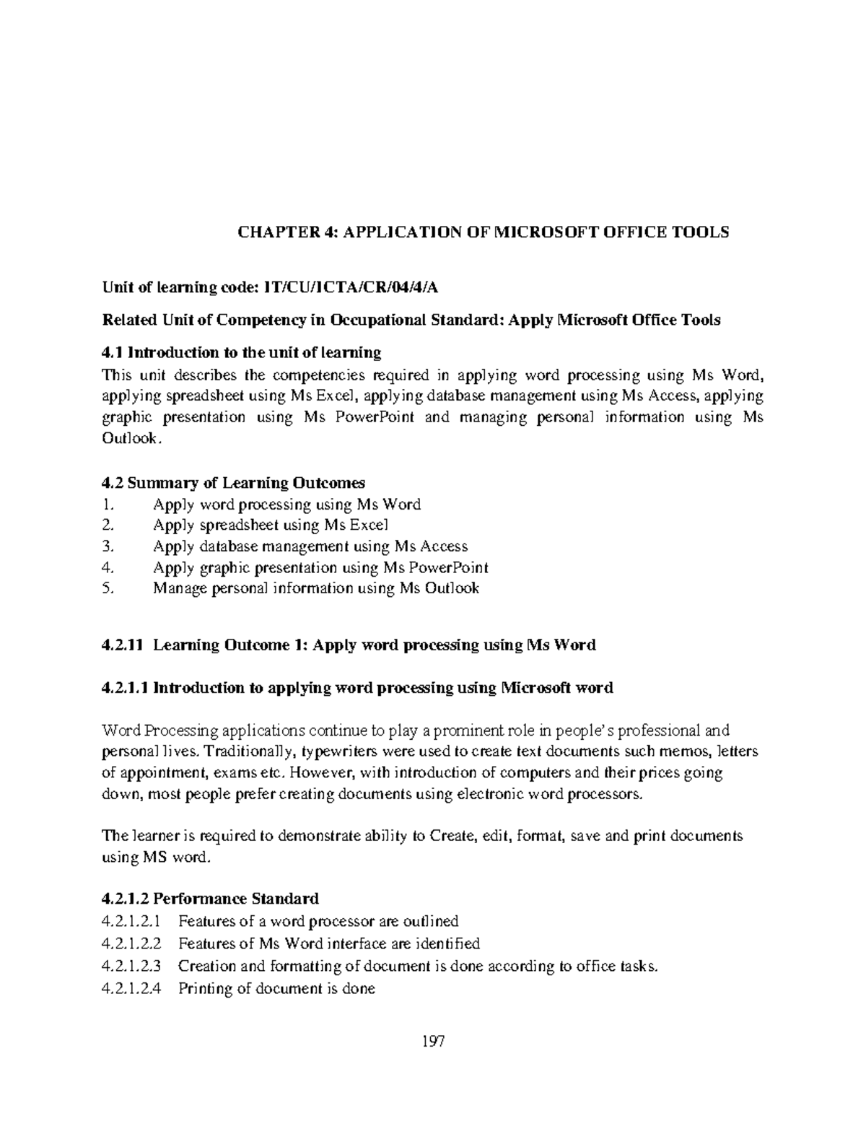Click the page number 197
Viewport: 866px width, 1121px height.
coord(433,1042)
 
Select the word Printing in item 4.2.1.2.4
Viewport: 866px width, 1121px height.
coord(205,988)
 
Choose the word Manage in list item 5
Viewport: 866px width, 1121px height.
coord(180,588)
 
